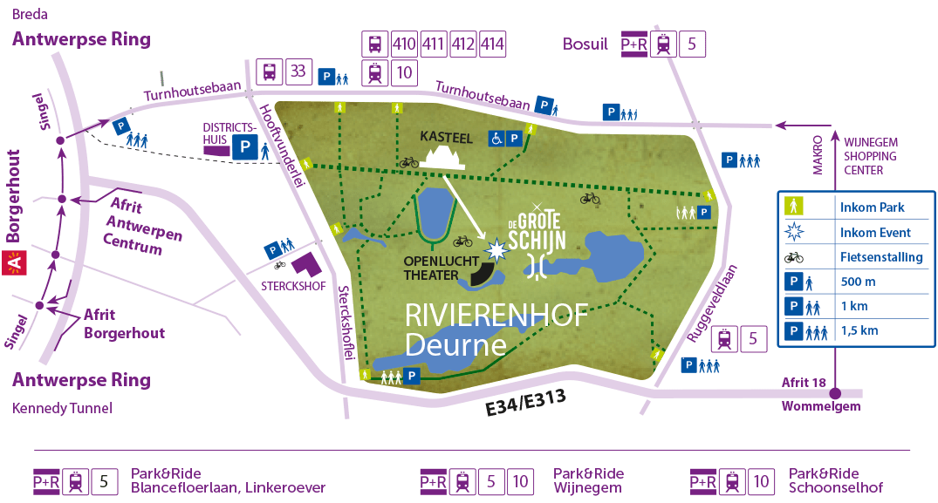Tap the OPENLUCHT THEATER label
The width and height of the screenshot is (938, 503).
(x=431, y=268)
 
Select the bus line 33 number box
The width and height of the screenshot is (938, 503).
(x=298, y=71)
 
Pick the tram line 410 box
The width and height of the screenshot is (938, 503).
(x=404, y=44)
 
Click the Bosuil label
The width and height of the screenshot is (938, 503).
(x=585, y=44)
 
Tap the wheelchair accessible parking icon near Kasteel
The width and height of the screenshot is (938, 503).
(x=496, y=138)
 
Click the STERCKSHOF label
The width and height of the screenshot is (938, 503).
(x=289, y=283)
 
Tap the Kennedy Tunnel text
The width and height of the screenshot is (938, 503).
(x=62, y=408)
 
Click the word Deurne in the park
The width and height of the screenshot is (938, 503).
(x=455, y=344)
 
